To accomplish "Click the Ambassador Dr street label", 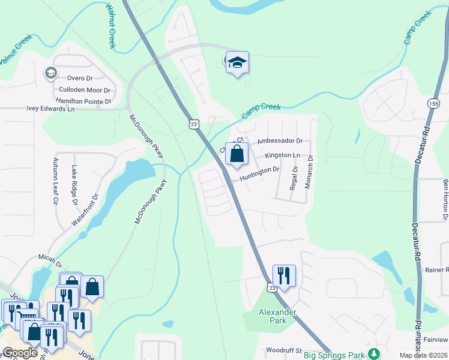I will pyautogui.click(x=279, y=141).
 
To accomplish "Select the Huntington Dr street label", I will pyautogui.click(x=260, y=170).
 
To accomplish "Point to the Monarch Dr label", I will pyautogui.click(x=310, y=173).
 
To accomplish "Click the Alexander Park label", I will pyautogui.click(x=277, y=316).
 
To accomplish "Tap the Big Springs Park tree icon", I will pyautogui.click(x=375, y=353).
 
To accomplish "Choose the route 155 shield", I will pyautogui.click(x=433, y=104).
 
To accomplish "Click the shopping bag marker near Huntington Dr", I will pyautogui.click(x=237, y=154).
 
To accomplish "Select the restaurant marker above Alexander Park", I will pyautogui.click(x=283, y=276).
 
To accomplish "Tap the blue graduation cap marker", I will pyautogui.click(x=237, y=62).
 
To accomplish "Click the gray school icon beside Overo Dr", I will pyautogui.click(x=50, y=73).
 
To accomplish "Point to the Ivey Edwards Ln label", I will pyautogui.click(x=50, y=109).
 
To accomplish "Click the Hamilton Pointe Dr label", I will pyautogui.click(x=83, y=101).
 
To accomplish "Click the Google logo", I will pyautogui.click(x=20, y=353).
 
